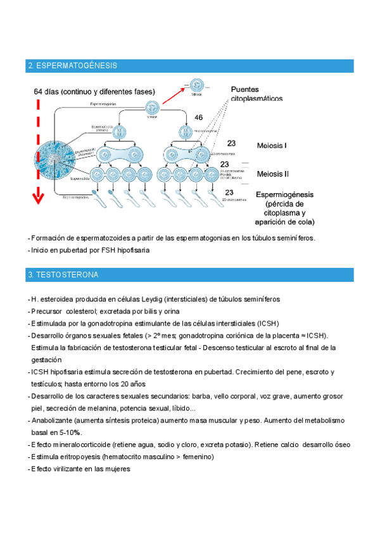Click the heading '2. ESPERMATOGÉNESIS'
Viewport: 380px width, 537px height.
(x=72, y=66)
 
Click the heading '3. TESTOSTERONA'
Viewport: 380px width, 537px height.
(x=63, y=275)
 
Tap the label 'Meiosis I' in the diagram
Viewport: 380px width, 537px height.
(x=272, y=146)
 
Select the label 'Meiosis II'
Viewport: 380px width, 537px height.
(x=273, y=174)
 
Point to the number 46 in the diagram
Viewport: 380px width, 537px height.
(x=198, y=118)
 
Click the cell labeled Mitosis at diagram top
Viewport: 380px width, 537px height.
(x=196, y=84)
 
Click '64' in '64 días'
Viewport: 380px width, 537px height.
(x=40, y=92)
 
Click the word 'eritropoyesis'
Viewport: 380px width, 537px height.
(x=79, y=457)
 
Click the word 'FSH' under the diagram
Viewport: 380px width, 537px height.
(x=99, y=250)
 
